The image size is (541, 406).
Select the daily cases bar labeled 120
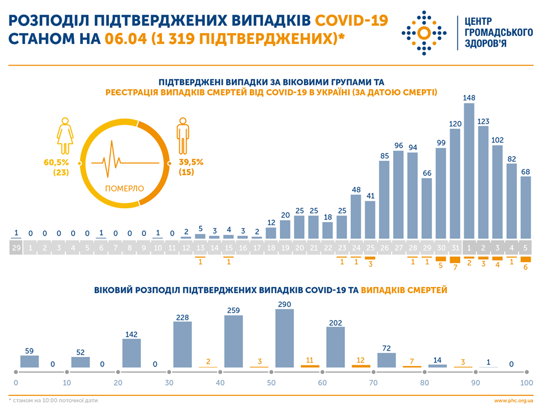(455, 184)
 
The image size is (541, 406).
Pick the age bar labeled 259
(234, 343)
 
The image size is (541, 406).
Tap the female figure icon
(65, 135)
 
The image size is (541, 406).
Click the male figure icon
(182, 135)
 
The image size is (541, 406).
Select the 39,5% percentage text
(190, 162)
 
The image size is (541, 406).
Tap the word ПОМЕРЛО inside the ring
(125, 188)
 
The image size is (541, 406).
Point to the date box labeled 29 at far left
(16, 248)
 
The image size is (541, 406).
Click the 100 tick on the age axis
(526, 383)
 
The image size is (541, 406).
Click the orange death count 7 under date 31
(455, 265)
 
